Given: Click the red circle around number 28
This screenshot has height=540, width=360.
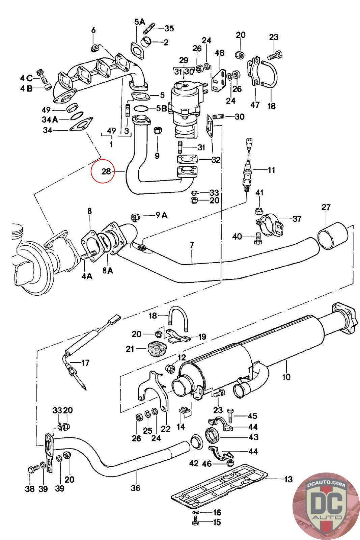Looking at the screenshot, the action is click(x=91, y=171).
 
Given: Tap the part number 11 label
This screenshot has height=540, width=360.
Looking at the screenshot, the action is click(x=271, y=170).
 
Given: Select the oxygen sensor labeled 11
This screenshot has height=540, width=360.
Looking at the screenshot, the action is click(x=247, y=166).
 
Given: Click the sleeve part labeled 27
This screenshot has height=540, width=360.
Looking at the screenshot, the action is click(x=333, y=236).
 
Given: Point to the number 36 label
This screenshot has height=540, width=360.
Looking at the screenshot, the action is click(x=135, y=488).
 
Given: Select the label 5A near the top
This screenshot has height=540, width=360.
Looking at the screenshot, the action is click(x=140, y=22).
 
